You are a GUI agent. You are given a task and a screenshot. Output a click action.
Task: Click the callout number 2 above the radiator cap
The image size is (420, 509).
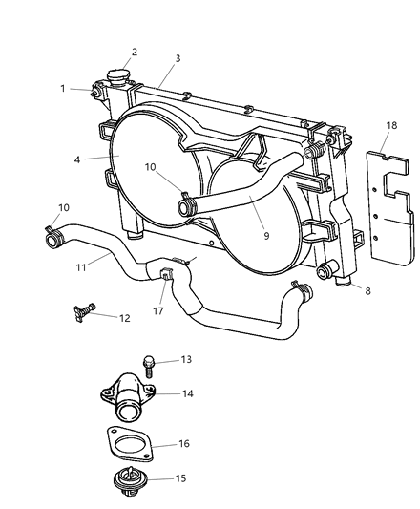(134, 53)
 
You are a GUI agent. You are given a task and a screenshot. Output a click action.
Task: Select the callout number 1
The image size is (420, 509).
(64, 88)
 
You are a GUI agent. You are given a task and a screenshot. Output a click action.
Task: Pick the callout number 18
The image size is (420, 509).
(391, 125)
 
